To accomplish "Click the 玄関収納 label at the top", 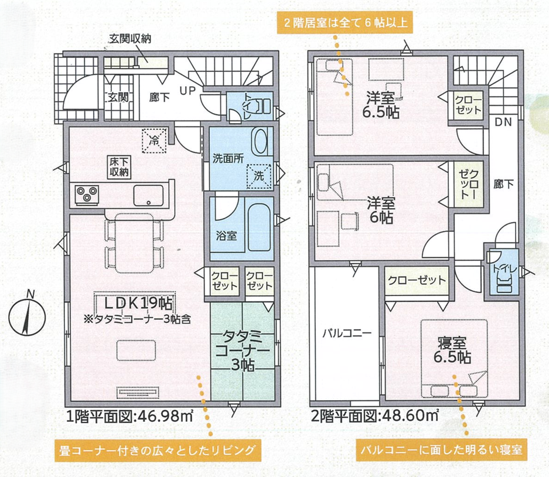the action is coord(130,39).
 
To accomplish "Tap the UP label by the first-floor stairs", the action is coord(187,91).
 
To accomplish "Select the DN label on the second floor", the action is coord(503,122).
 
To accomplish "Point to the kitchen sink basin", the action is coord(148,195).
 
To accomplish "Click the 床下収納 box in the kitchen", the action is coord(120,168).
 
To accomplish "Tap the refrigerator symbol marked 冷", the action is coord(154,141).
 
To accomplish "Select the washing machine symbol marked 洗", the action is coord(259,176).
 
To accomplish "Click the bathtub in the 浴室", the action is coord(259,228).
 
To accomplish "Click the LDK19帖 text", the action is coord(139,304).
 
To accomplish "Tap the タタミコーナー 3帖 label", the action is coord(243,351).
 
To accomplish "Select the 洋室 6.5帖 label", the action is coord(381,105).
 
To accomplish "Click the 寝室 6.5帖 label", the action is coord(452,350).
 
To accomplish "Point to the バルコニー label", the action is coord(347,333).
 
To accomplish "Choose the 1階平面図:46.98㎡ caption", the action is coord(130,417).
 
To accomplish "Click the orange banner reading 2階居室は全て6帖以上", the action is coord(345,23).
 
